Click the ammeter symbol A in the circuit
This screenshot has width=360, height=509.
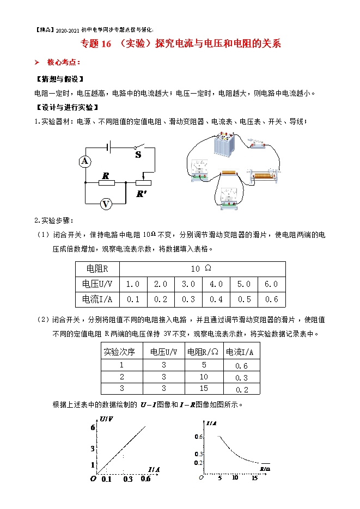[84, 161]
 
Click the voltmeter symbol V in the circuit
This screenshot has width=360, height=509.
[106, 204]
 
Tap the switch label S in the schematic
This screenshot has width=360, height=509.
[138, 155]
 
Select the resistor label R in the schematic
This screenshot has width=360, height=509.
[106, 175]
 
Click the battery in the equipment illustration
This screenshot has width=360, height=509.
[223, 144]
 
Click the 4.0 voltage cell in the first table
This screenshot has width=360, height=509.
[216, 284]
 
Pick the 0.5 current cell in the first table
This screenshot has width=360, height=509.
[244, 299]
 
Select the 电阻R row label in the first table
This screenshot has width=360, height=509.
[97, 269]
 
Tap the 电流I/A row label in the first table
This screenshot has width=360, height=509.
[97, 299]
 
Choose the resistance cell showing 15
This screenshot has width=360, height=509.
[204, 389]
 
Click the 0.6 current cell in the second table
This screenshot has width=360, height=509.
[241, 366]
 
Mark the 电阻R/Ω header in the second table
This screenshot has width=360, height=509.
[204, 352]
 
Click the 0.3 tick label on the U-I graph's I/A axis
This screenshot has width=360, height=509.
[128, 479]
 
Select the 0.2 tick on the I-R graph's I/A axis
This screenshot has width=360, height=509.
[198, 462]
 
